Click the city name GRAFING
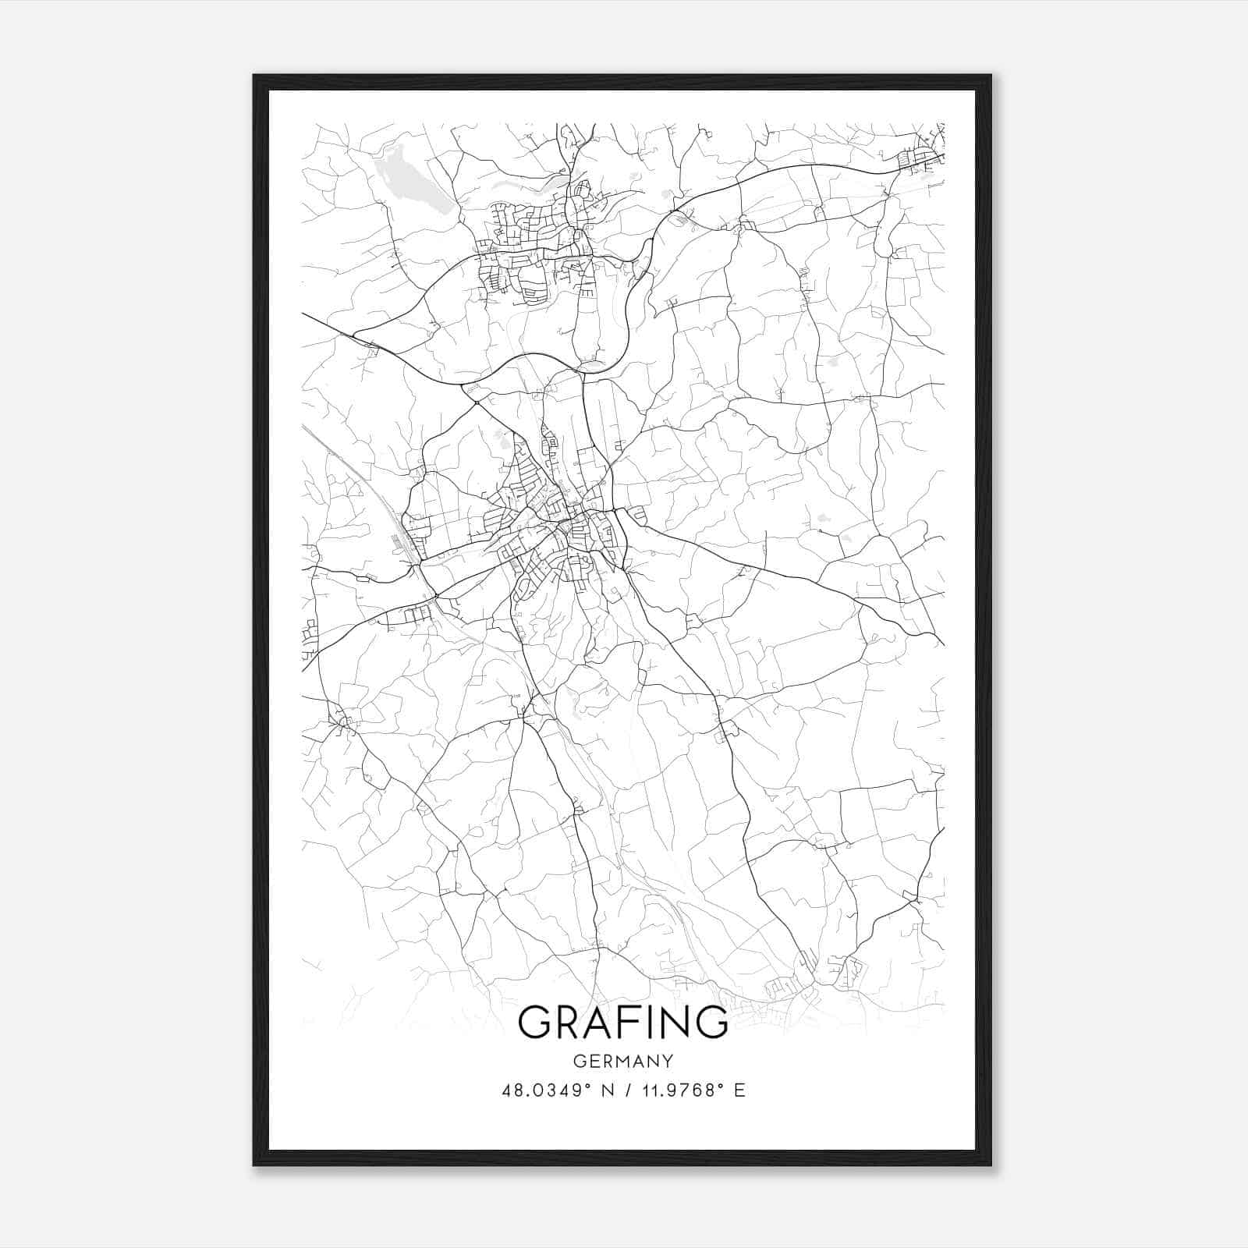tap(622, 1022)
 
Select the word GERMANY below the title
tap(623, 1061)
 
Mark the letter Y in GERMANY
tap(668, 1061)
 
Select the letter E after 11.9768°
tap(739, 1090)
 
